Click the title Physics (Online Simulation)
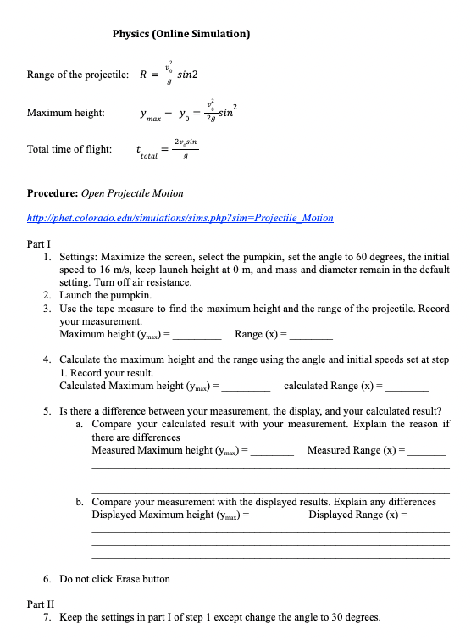pyautogui.click(x=180, y=35)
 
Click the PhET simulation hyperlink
pyautogui.click(x=180, y=218)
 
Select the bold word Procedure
pyautogui.click(x=54, y=193)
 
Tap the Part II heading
pyautogui.click(x=41, y=604)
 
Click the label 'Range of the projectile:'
pyautogui.click(x=78, y=75)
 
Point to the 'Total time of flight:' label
pyautogui.click(x=69, y=149)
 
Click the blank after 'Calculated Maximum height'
pyautogui.click(x=247, y=387)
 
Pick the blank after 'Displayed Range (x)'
pyautogui.click(x=428, y=515)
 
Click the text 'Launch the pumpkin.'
pyautogui.click(x=106, y=296)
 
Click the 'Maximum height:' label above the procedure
pyautogui.click(x=66, y=113)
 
